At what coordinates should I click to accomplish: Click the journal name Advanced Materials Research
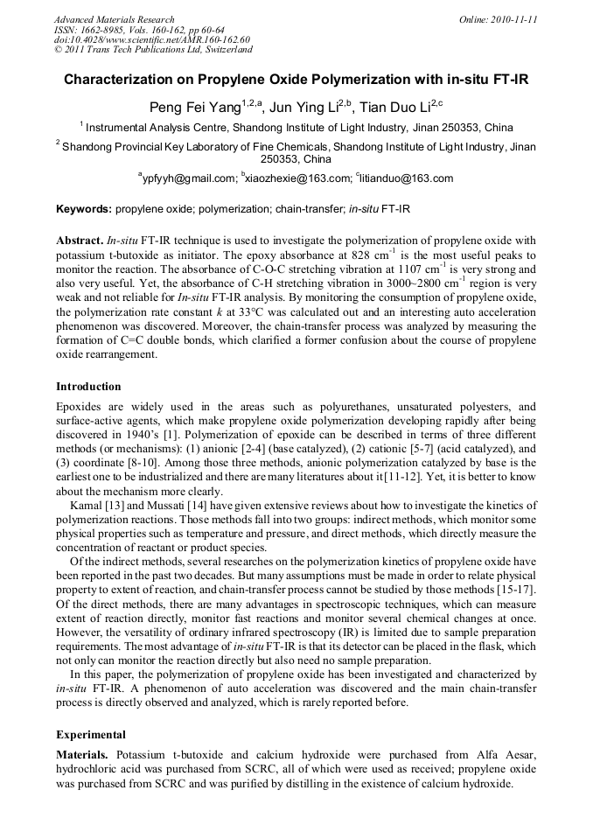point(114,19)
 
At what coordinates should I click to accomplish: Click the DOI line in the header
point(151,39)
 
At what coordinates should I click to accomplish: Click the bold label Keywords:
point(84,210)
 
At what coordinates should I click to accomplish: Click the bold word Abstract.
point(80,239)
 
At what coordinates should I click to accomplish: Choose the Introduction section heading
point(88,386)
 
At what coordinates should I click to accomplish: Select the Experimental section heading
point(91,734)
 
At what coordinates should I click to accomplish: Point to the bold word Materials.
point(83,753)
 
